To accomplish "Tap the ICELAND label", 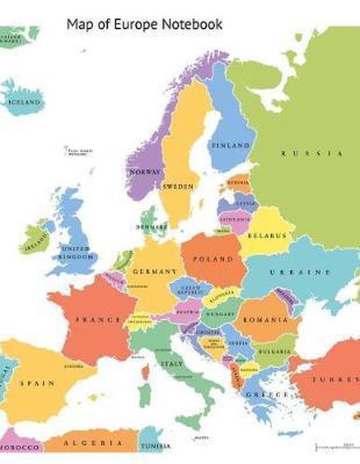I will [x=24, y=103].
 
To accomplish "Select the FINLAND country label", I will [x=230, y=145].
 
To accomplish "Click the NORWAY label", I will [x=145, y=171].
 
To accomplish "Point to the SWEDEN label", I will [x=177, y=187].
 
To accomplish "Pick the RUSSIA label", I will [x=312, y=153].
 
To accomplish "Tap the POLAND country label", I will [x=212, y=259].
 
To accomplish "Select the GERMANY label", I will [x=154, y=271].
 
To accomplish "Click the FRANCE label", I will [x=98, y=320].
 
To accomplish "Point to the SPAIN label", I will [x=37, y=382].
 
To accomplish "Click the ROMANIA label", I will [x=265, y=320].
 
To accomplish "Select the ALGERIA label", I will [x=88, y=443].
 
